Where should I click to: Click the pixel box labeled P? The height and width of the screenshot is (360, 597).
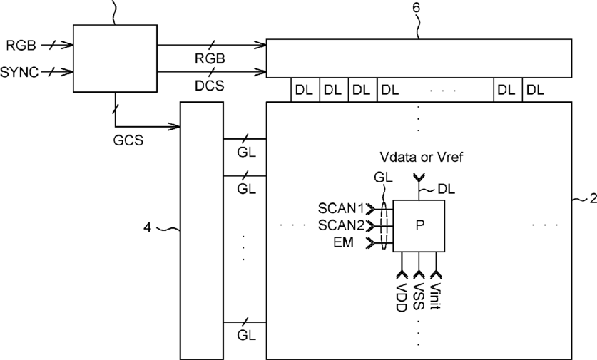(x=419, y=226)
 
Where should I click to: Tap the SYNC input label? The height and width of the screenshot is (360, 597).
(x=19, y=72)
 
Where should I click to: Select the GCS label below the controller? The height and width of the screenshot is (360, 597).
(x=128, y=140)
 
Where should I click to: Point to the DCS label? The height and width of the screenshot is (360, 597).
(x=210, y=86)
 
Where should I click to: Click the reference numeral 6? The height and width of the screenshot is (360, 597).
(x=416, y=8)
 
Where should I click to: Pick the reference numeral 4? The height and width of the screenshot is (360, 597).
(x=148, y=227)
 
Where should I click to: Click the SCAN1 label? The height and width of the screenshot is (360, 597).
(x=341, y=209)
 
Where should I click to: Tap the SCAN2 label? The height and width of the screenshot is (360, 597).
(x=341, y=225)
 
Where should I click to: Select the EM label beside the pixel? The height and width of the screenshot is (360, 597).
(x=343, y=242)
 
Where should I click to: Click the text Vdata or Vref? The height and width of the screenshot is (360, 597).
(x=422, y=157)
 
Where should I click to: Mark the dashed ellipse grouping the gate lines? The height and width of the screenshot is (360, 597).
(x=385, y=226)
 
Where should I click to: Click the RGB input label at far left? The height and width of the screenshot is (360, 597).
(x=21, y=46)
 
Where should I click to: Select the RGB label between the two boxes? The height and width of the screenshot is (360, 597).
(x=210, y=58)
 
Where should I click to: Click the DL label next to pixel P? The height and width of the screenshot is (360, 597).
(x=447, y=189)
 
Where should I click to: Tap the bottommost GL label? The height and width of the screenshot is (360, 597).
(x=246, y=335)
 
